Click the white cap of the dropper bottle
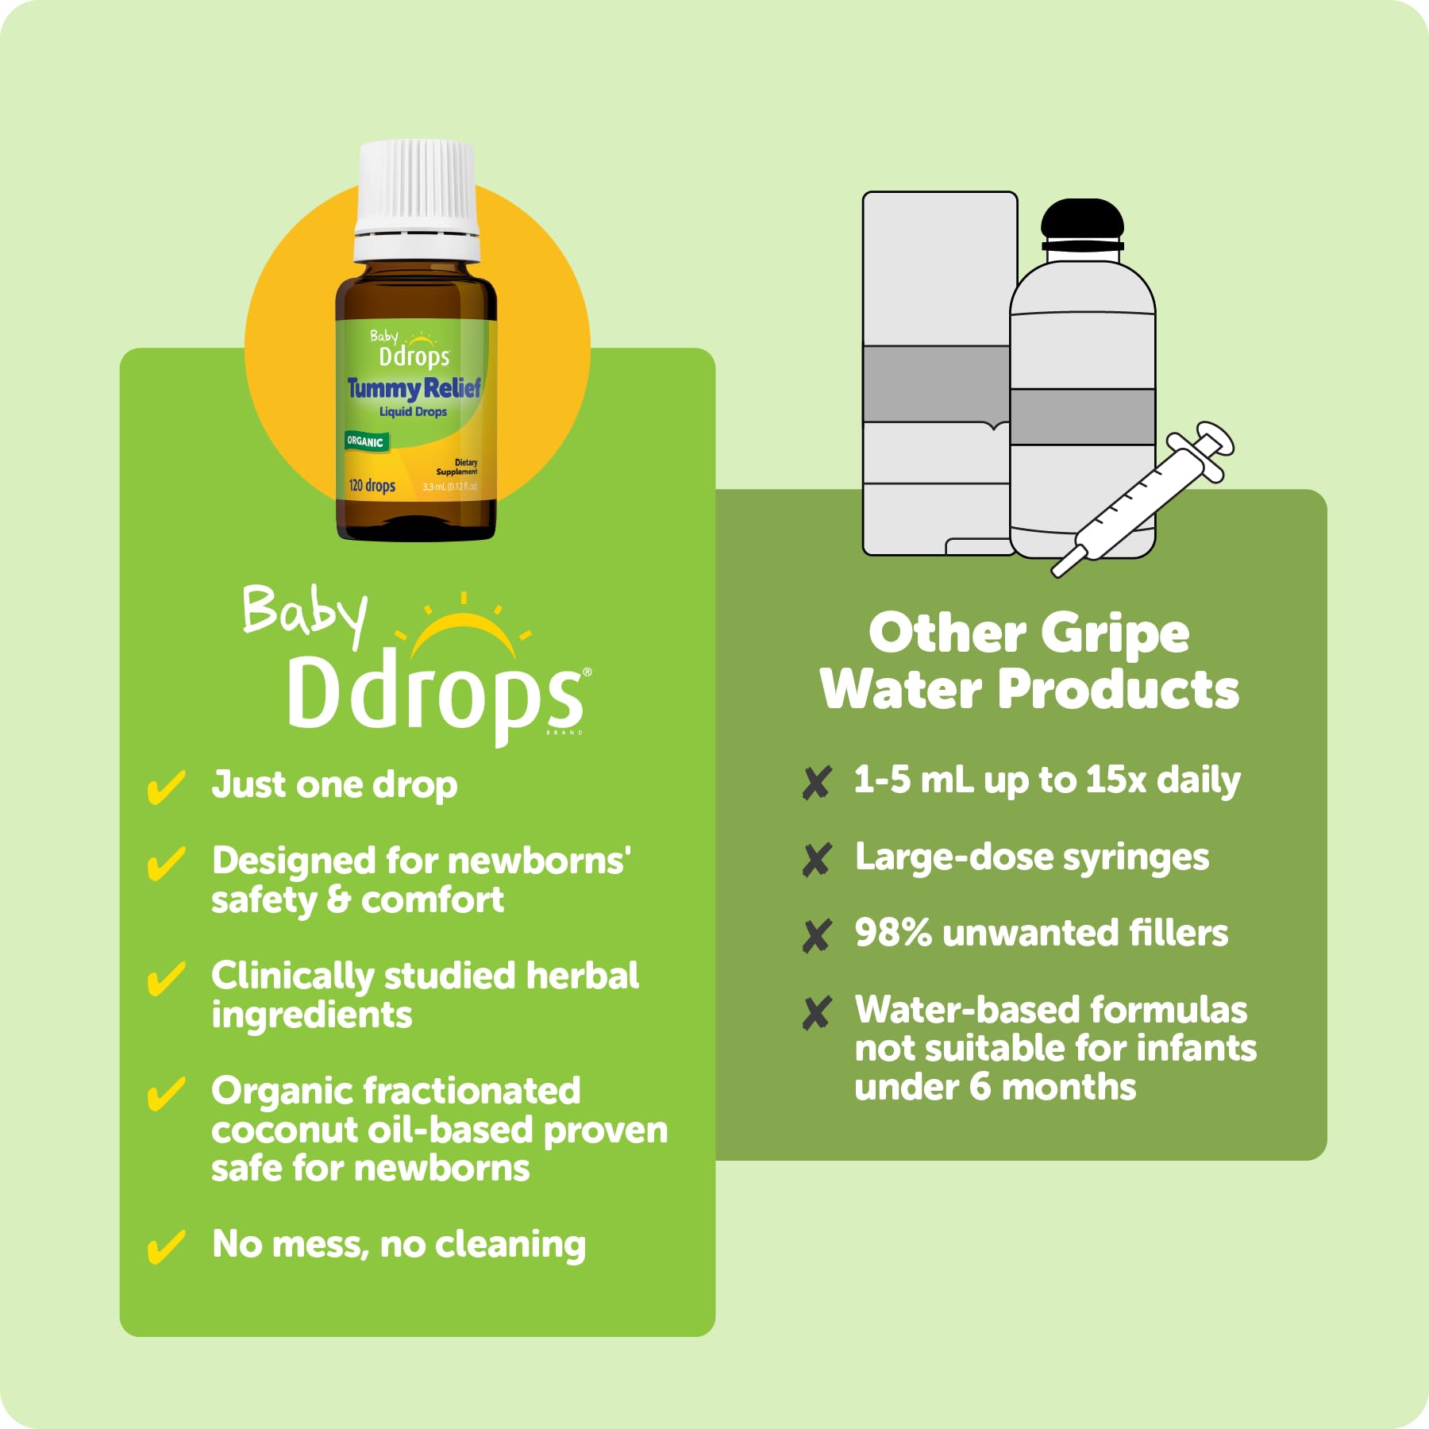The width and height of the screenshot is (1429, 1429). click(x=417, y=198)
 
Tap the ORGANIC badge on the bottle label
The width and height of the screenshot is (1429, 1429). click(x=365, y=441)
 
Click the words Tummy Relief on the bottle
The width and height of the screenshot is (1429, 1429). click(x=414, y=388)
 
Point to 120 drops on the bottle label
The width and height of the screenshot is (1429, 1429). click(x=372, y=485)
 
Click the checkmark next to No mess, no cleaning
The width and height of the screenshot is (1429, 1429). click(x=166, y=1246)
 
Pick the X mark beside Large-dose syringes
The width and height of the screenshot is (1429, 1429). click(x=816, y=859)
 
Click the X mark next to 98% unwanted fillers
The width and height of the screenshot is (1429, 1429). click(x=816, y=935)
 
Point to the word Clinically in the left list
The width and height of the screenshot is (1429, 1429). click(x=291, y=976)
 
